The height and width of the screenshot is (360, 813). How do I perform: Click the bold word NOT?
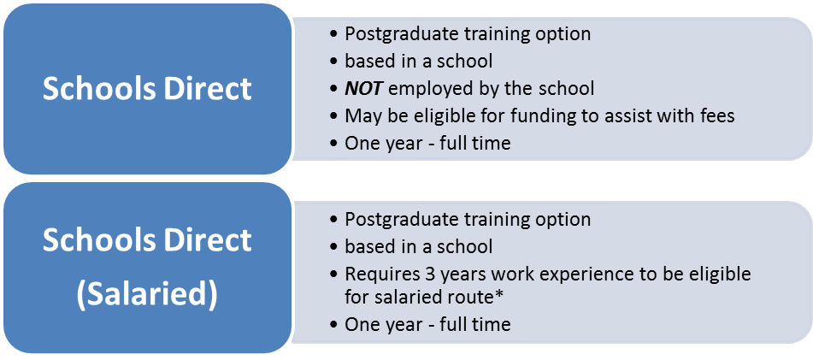pyautogui.click(x=364, y=89)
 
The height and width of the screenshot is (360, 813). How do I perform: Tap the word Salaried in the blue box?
pyautogui.click(x=147, y=295)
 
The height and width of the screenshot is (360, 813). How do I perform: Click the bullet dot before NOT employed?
pyautogui.click(x=334, y=89)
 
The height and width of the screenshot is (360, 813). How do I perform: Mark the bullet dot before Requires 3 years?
pyautogui.click(x=334, y=274)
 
